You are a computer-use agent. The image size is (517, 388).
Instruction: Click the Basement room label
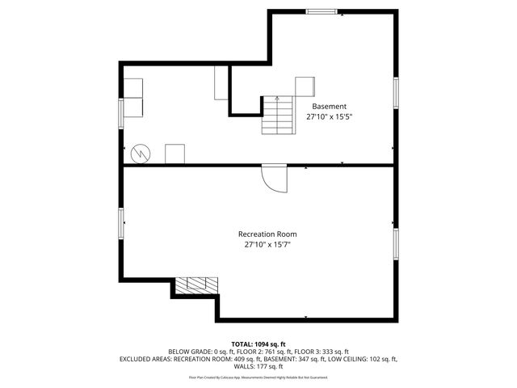[x=329, y=106]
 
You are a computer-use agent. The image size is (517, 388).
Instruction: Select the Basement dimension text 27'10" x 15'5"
[x=329, y=117]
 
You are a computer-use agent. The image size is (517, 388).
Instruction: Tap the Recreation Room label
[x=267, y=234]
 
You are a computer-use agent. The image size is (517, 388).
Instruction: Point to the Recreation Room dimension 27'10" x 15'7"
[x=267, y=245]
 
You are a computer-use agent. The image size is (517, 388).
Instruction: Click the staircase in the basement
[x=277, y=116]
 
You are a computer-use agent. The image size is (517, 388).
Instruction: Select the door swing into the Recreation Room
[x=275, y=179]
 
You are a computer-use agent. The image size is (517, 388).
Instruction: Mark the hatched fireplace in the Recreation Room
[x=197, y=285]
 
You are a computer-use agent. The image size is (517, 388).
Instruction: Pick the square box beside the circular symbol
[x=174, y=154]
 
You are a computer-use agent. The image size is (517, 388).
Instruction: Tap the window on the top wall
[x=321, y=11]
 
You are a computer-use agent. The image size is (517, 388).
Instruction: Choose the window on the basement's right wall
[x=396, y=91]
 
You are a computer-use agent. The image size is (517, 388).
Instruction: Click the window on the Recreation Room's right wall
[x=396, y=242]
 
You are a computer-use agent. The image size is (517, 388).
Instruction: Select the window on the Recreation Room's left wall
[x=122, y=222]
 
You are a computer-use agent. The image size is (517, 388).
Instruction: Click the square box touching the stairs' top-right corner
[x=305, y=86]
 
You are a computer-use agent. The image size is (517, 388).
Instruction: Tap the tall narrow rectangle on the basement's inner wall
[x=221, y=83]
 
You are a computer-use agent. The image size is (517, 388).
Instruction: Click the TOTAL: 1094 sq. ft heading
[x=258, y=344]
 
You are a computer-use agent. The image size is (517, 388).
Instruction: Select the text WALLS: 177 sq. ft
[x=258, y=366]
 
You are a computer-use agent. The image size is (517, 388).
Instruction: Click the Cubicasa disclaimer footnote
[x=258, y=377]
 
